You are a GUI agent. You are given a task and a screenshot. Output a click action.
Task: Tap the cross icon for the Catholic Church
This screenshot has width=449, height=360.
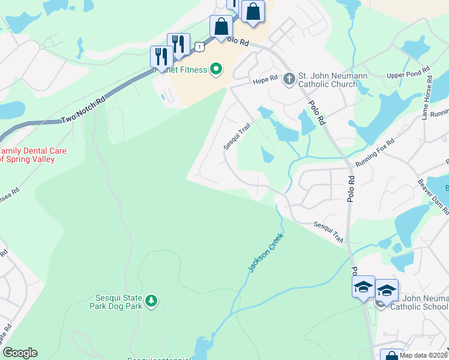click(289, 79)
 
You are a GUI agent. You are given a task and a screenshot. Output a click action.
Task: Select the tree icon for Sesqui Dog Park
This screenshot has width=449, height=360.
click(152, 299)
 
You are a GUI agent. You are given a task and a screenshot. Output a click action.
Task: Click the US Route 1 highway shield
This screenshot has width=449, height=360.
click(197, 46)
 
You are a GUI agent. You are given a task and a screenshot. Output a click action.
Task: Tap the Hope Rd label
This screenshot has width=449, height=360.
click(265, 79)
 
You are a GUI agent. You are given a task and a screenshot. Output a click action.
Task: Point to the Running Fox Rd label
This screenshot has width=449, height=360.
click(374, 153)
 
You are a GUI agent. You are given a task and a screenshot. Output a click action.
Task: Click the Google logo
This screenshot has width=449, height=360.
click(20, 353)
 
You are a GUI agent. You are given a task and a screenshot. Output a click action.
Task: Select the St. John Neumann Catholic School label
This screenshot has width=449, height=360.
click(419, 301)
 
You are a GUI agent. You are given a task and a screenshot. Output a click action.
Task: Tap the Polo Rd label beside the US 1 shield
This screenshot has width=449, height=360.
click(235, 42)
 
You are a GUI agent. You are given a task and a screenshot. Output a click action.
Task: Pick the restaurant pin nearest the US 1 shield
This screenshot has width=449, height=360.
click(178, 44)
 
